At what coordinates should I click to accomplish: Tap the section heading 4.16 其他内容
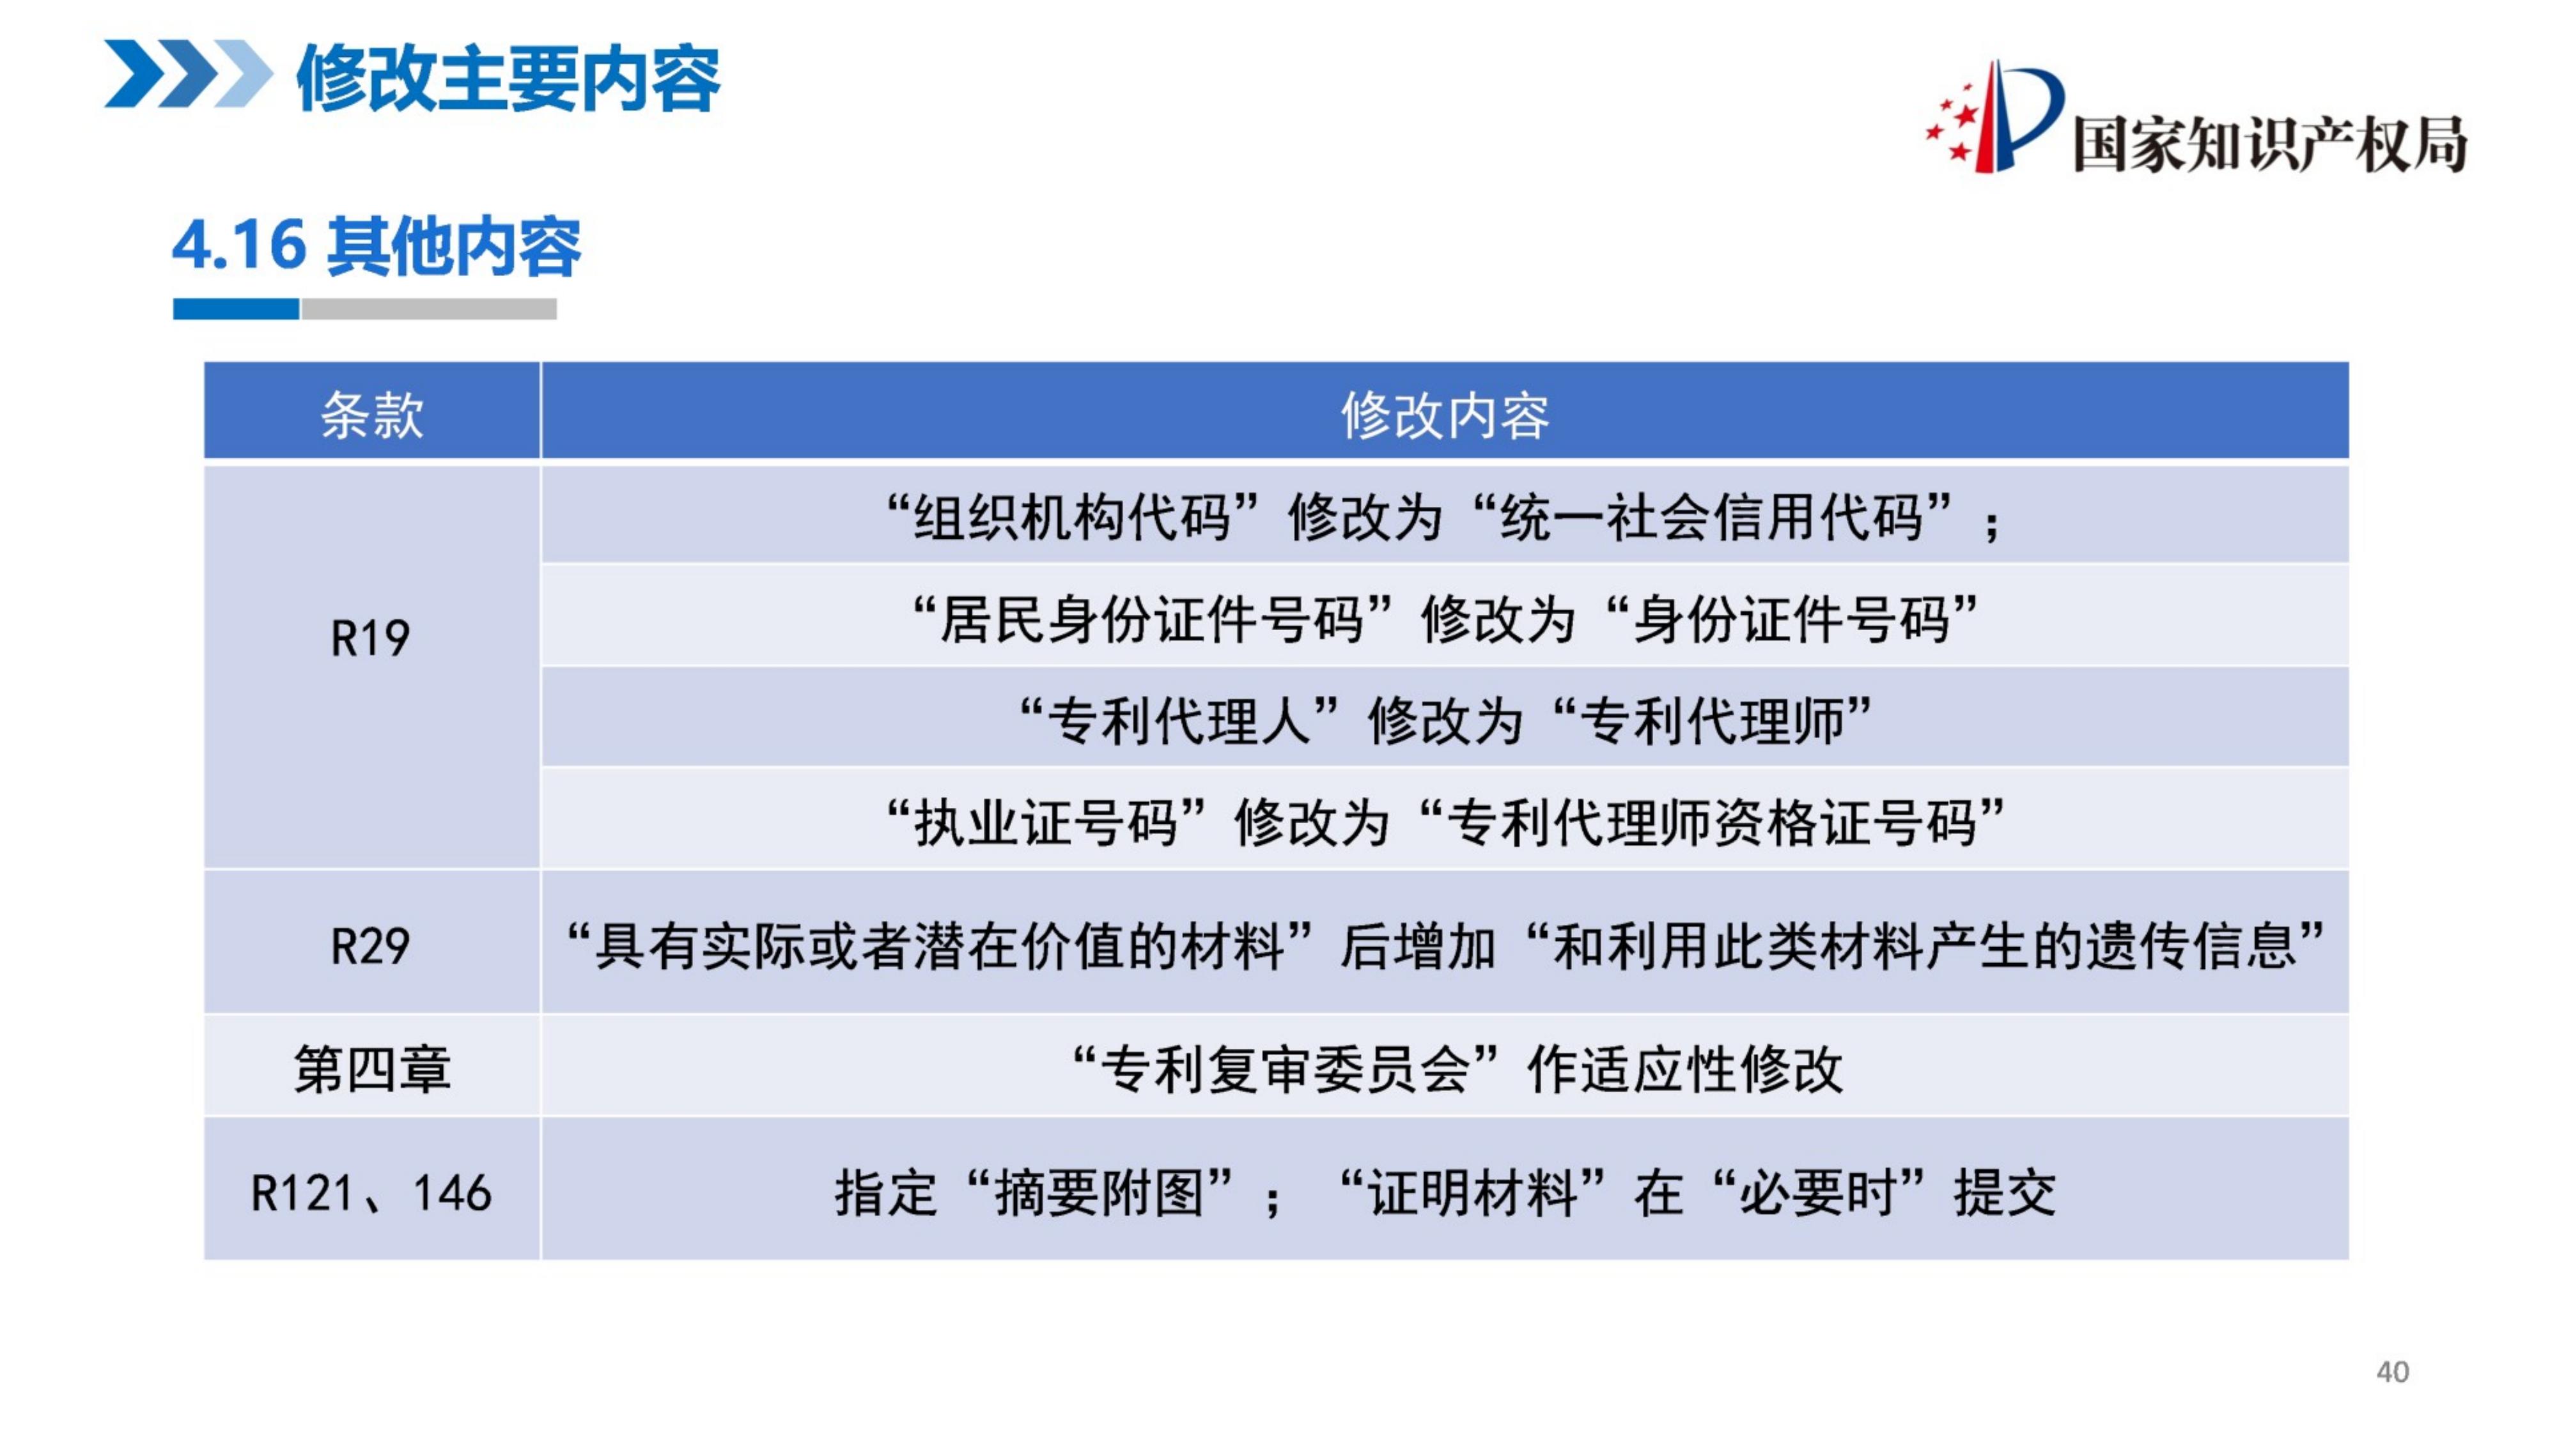377,245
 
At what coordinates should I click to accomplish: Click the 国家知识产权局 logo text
2270,144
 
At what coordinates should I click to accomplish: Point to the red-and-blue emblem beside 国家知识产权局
1994,117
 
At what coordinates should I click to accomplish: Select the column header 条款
372,414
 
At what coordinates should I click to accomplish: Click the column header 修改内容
1445,414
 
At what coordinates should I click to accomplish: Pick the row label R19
369,637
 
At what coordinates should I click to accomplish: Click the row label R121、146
371,1192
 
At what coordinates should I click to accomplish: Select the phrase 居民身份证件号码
1151,619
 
